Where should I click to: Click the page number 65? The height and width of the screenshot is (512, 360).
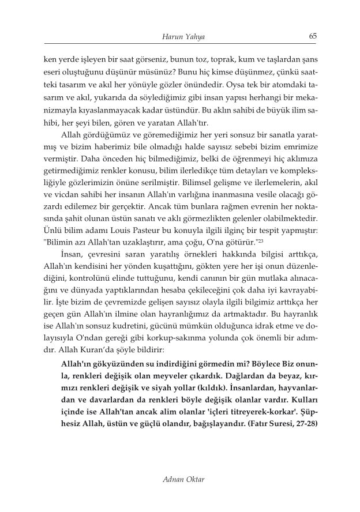tap(313, 36)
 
